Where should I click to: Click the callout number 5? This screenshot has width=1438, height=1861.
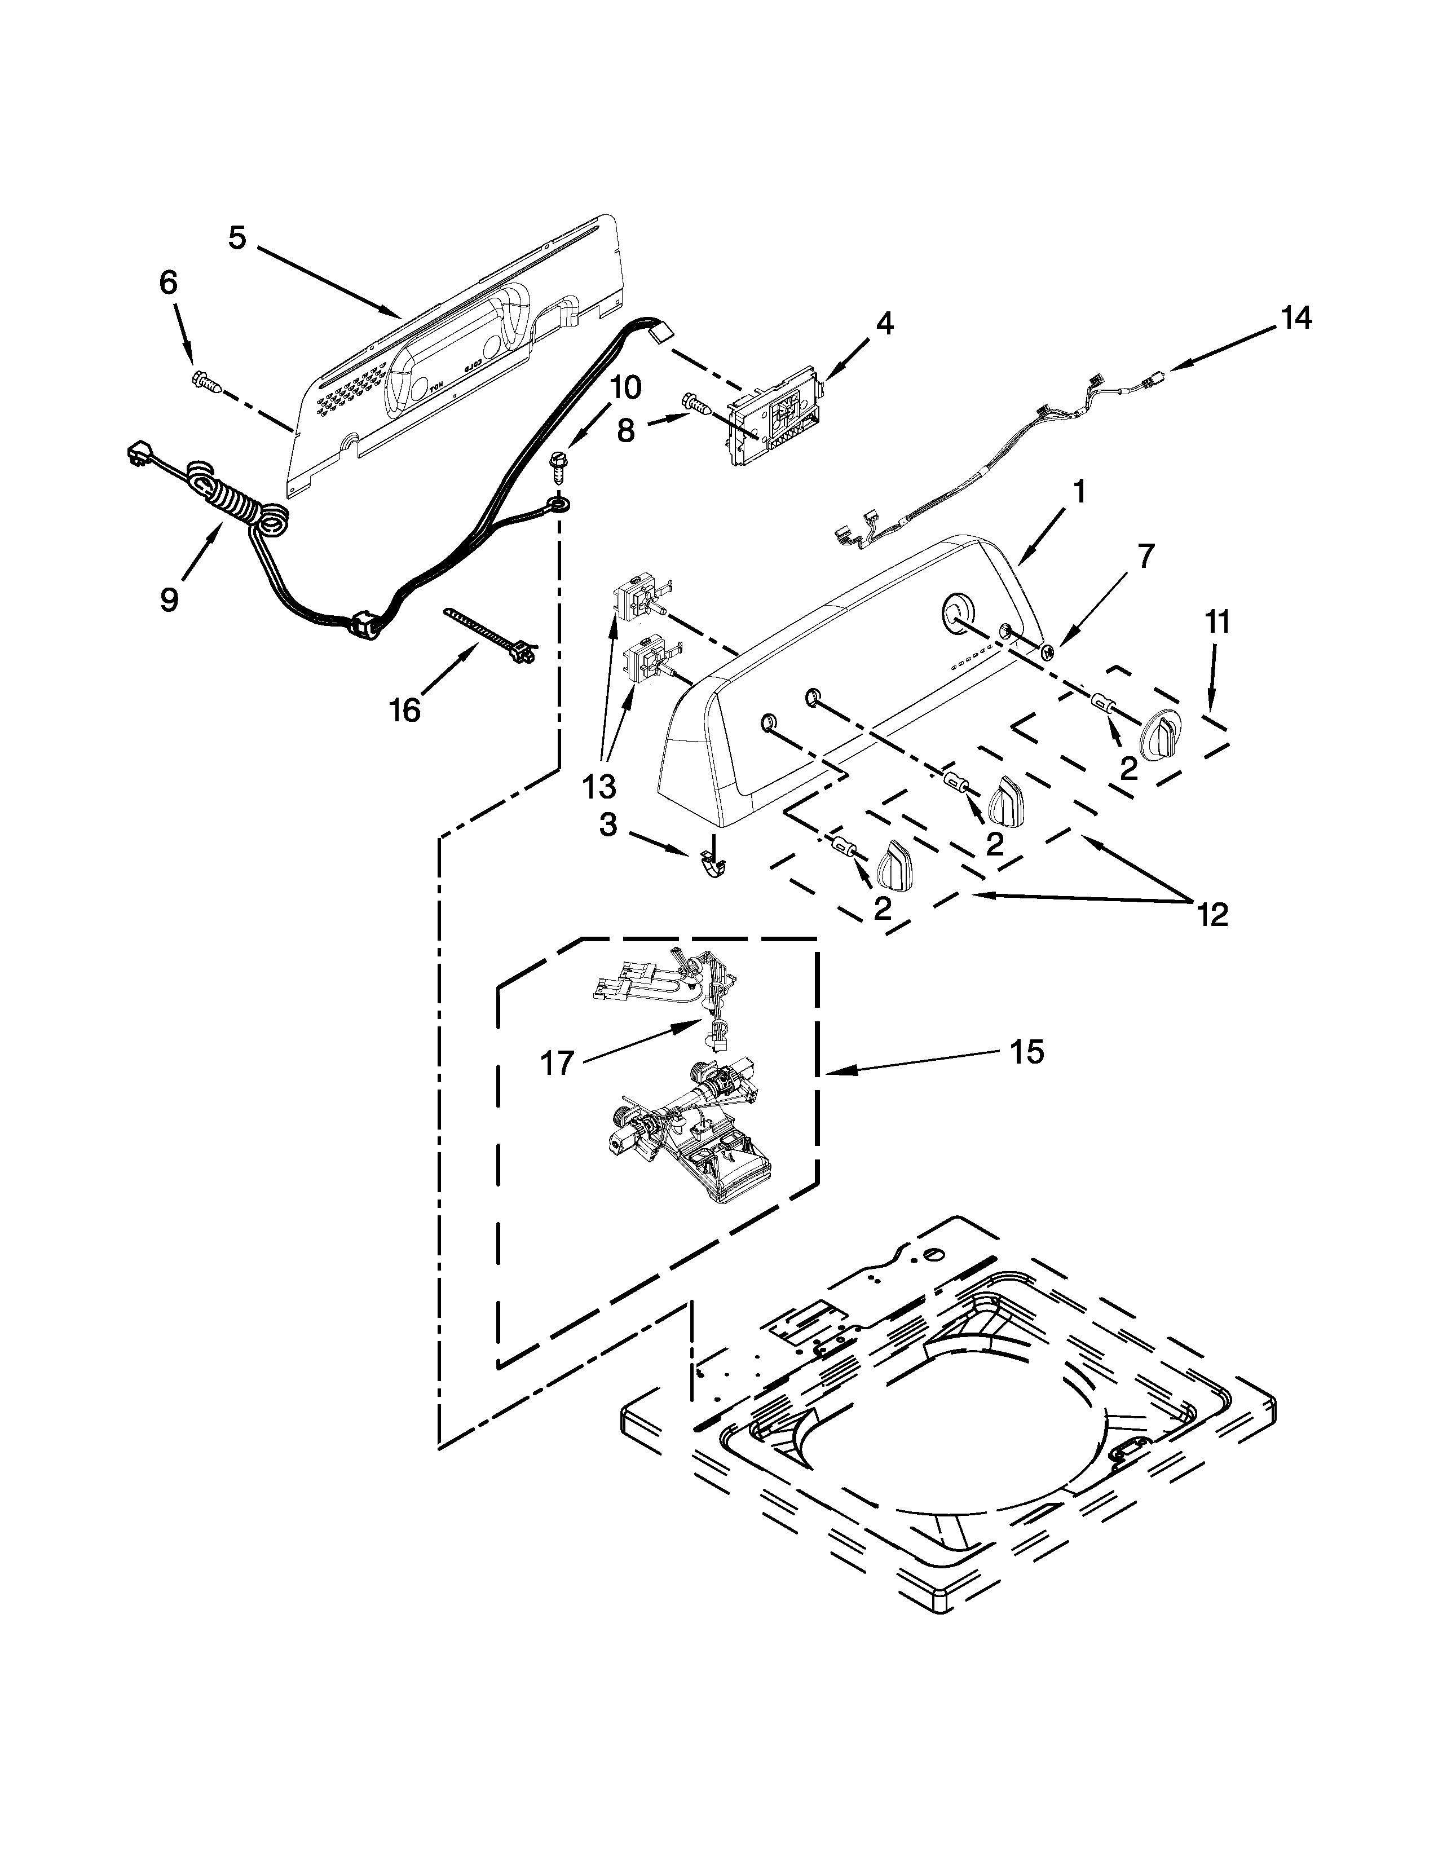tap(237, 238)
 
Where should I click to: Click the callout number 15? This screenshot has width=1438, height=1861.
tap(1028, 1052)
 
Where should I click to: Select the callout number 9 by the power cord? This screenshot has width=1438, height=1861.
tap(170, 599)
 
